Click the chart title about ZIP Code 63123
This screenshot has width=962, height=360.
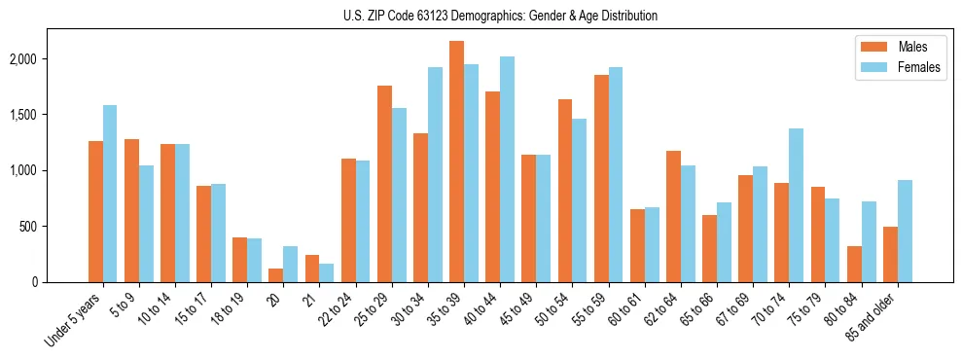[x=500, y=16]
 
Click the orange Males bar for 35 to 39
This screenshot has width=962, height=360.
[x=456, y=162]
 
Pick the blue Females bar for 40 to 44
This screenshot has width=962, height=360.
[x=507, y=169]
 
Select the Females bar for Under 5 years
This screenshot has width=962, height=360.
[x=110, y=194]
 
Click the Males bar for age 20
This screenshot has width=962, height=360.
[x=276, y=275]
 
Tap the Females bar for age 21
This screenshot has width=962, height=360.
[x=327, y=272]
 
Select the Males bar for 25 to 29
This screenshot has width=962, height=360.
[x=384, y=184]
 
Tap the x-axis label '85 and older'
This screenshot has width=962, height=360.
[x=872, y=316]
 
